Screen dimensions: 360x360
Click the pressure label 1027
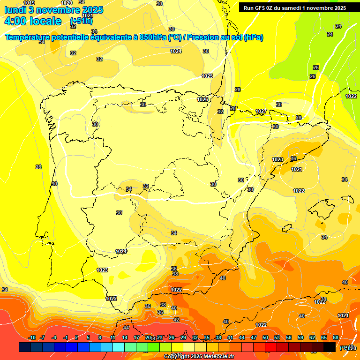point(261,111)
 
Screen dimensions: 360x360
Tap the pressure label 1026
point(202,99)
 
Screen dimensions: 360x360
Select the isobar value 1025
point(207,76)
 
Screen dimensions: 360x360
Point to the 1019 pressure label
point(29,3)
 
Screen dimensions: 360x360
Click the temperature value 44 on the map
point(126,328)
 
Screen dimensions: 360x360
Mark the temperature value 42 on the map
point(176,320)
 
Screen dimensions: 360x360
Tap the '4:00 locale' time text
point(33,21)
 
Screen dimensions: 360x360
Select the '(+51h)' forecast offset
point(81,21)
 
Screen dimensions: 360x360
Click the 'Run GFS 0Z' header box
point(294,7)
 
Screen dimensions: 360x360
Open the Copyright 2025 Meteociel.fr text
point(199,357)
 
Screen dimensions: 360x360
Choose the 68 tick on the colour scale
point(336,338)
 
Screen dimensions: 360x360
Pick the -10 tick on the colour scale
point(32,338)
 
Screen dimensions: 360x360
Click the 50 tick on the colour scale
point(265,338)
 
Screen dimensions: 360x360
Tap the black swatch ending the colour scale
point(330,347)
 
